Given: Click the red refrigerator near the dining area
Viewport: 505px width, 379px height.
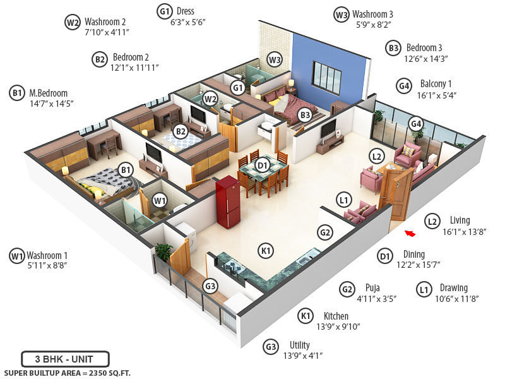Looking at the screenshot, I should click(x=228, y=202).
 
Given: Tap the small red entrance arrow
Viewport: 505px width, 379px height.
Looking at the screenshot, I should click(x=410, y=234).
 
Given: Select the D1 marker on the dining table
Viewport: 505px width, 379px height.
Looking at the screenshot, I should click(x=263, y=166).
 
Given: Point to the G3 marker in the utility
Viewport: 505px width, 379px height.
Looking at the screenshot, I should click(x=210, y=286).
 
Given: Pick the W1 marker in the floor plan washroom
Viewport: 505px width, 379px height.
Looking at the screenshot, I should click(x=160, y=201).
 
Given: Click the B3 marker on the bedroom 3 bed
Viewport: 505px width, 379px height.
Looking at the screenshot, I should click(x=305, y=115).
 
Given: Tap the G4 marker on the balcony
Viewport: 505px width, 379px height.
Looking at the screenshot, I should click(x=415, y=124).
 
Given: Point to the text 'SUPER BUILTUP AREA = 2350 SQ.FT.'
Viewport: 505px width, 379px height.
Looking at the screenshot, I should click(x=67, y=373).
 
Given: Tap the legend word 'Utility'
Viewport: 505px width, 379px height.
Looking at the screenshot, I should click(x=300, y=345).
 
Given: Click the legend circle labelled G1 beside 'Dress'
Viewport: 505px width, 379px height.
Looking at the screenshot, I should click(x=165, y=11).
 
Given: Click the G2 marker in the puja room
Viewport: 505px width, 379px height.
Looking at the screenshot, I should click(x=325, y=232).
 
